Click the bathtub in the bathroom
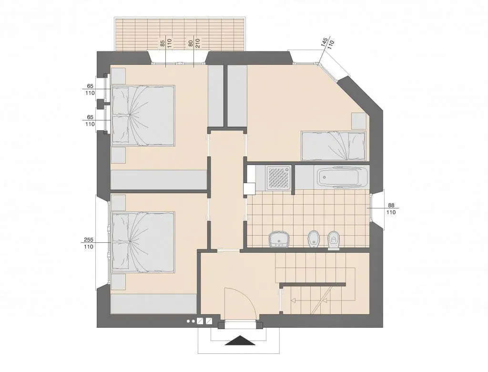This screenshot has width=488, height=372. tap(342, 177)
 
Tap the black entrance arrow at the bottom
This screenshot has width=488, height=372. tap(240, 341)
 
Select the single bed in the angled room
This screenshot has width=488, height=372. tap(333, 146)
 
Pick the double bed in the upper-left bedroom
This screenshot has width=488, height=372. tap(143, 115)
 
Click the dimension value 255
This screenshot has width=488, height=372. tap(89, 240)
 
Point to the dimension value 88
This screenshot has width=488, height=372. tap(391, 206)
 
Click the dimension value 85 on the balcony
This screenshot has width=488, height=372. tap(163, 43)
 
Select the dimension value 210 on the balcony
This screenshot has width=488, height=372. tap(198, 42)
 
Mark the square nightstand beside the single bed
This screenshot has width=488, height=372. tap(358, 121)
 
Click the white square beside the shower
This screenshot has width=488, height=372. tap(250, 188)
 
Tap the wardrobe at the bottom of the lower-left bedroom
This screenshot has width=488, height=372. tap(154, 304)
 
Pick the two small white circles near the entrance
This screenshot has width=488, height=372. tap(191, 321)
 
